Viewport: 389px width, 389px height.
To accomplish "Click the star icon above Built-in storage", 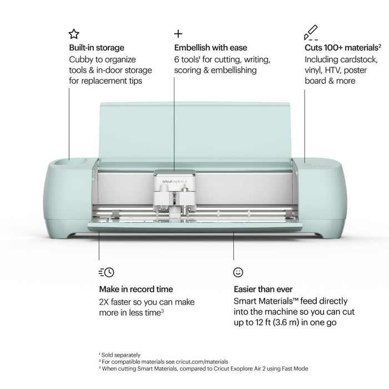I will (x=73, y=34).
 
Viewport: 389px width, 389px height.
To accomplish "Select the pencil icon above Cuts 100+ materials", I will (x=311, y=34).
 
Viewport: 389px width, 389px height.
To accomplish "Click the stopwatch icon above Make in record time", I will (x=106, y=272).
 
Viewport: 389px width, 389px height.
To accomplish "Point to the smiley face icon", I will (x=238, y=272).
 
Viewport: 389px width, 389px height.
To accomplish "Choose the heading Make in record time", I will (x=136, y=290).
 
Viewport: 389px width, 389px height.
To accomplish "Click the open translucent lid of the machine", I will (x=194, y=131).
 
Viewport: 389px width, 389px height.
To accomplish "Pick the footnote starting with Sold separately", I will (x=119, y=355).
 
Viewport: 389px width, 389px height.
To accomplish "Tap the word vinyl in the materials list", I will (x=312, y=70).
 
